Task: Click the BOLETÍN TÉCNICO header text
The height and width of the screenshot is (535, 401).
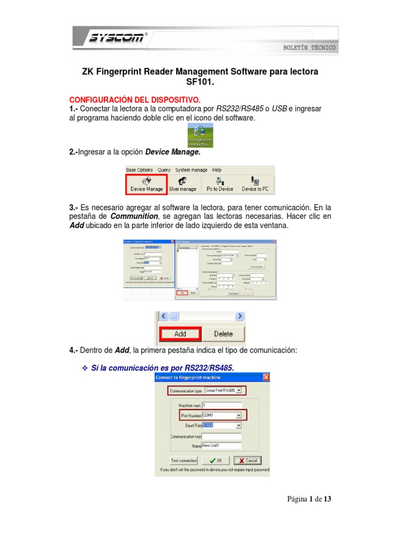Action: coord(309,48)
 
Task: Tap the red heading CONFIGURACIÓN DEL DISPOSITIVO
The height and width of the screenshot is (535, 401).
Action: coord(135,99)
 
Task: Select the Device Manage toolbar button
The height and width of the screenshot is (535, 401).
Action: coord(146,184)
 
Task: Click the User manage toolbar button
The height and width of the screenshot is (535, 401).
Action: coord(183,184)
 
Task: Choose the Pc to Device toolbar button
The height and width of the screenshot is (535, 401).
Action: coord(220,184)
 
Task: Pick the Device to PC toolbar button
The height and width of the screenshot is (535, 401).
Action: coord(255,184)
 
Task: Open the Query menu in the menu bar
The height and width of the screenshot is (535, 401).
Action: coord(164,170)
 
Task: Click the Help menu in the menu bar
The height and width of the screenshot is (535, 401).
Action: coord(217,170)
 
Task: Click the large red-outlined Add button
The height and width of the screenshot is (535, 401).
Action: coord(180,333)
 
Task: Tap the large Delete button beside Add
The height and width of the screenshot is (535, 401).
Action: coord(223,333)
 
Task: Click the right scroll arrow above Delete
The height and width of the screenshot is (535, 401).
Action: coord(240,316)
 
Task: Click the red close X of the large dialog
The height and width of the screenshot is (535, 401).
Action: coord(266,377)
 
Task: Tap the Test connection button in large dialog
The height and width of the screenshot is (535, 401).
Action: coord(184,460)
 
